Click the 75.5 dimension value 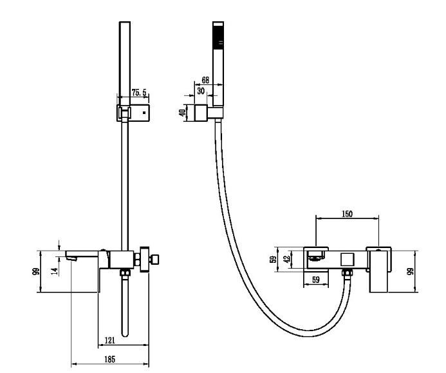(139, 93)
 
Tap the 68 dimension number (205, 80)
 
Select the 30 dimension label (201, 91)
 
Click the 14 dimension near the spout (56, 271)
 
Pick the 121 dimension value (110, 340)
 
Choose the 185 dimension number (109, 359)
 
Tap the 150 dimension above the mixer (347, 213)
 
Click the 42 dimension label (288, 259)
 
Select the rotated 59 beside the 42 (274, 260)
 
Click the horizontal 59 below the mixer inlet (316, 280)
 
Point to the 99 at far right (411, 272)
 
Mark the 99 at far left (36, 272)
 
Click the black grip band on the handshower (218, 34)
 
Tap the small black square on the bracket (144, 113)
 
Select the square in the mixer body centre (348, 260)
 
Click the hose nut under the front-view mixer (347, 273)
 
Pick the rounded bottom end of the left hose (125, 334)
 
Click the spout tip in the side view (71, 258)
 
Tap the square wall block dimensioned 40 (201, 113)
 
